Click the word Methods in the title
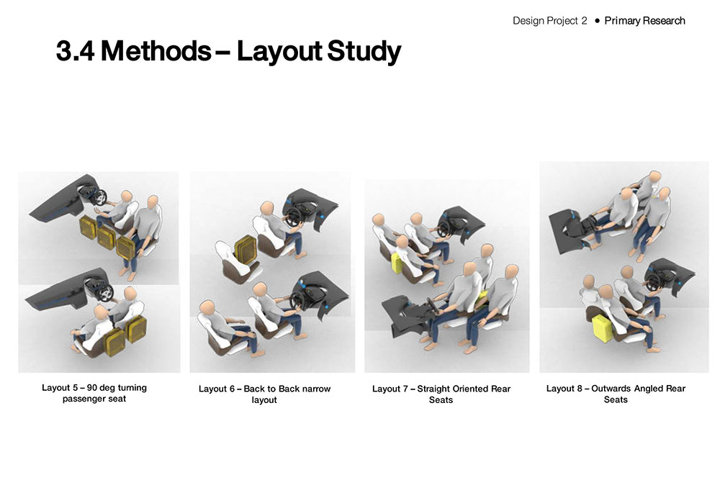[x=156, y=50]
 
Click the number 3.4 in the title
[x=76, y=50]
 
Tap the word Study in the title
[x=364, y=52]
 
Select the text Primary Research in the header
[x=644, y=21]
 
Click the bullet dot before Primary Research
[x=596, y=21]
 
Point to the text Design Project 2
[x=549, y=21]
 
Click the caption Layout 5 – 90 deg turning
[x=94, y=387]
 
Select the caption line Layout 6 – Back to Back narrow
[x=264, y=389]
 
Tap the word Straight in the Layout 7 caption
[x=433, y=389]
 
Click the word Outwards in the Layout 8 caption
[x=611, y=389]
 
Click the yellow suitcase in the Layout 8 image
[x=601, y=327]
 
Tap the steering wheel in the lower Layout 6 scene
[x=297, y=299]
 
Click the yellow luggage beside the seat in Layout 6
[x=245, y=250]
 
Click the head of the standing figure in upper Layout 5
[x=153, y=201]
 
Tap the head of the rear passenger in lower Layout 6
[x=207, y=307]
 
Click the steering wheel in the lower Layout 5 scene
[x=106, y=292]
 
